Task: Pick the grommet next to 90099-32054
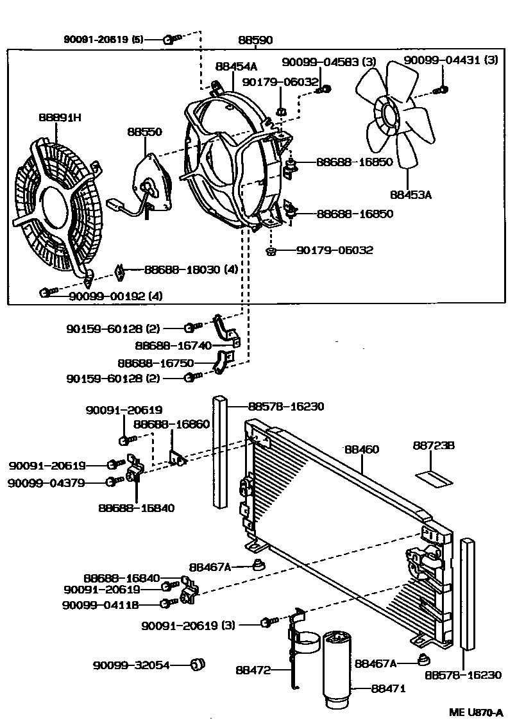198,663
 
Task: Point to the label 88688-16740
164,345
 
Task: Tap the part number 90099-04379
46,482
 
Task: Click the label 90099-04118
101,604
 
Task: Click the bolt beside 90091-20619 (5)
169,40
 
